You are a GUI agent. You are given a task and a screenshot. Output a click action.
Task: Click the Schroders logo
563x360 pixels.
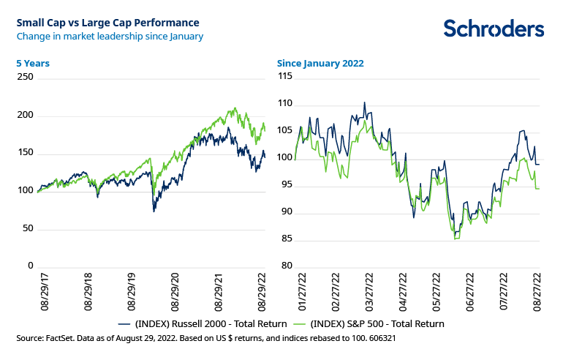coord(494,29)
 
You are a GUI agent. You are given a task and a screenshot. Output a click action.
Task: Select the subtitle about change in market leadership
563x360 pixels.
coord(110,35)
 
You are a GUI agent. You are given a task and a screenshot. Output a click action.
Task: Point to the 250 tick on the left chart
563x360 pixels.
coord(25,76)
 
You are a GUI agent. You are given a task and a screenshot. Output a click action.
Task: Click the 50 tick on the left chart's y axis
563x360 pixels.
coord(28,228)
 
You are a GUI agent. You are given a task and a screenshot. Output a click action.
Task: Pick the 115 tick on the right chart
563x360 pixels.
coord(286,76)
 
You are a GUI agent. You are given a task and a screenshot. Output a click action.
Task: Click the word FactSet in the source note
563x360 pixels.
coord(59,338)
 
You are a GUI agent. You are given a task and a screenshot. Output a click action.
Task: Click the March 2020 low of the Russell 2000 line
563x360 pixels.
coord(154,211)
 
